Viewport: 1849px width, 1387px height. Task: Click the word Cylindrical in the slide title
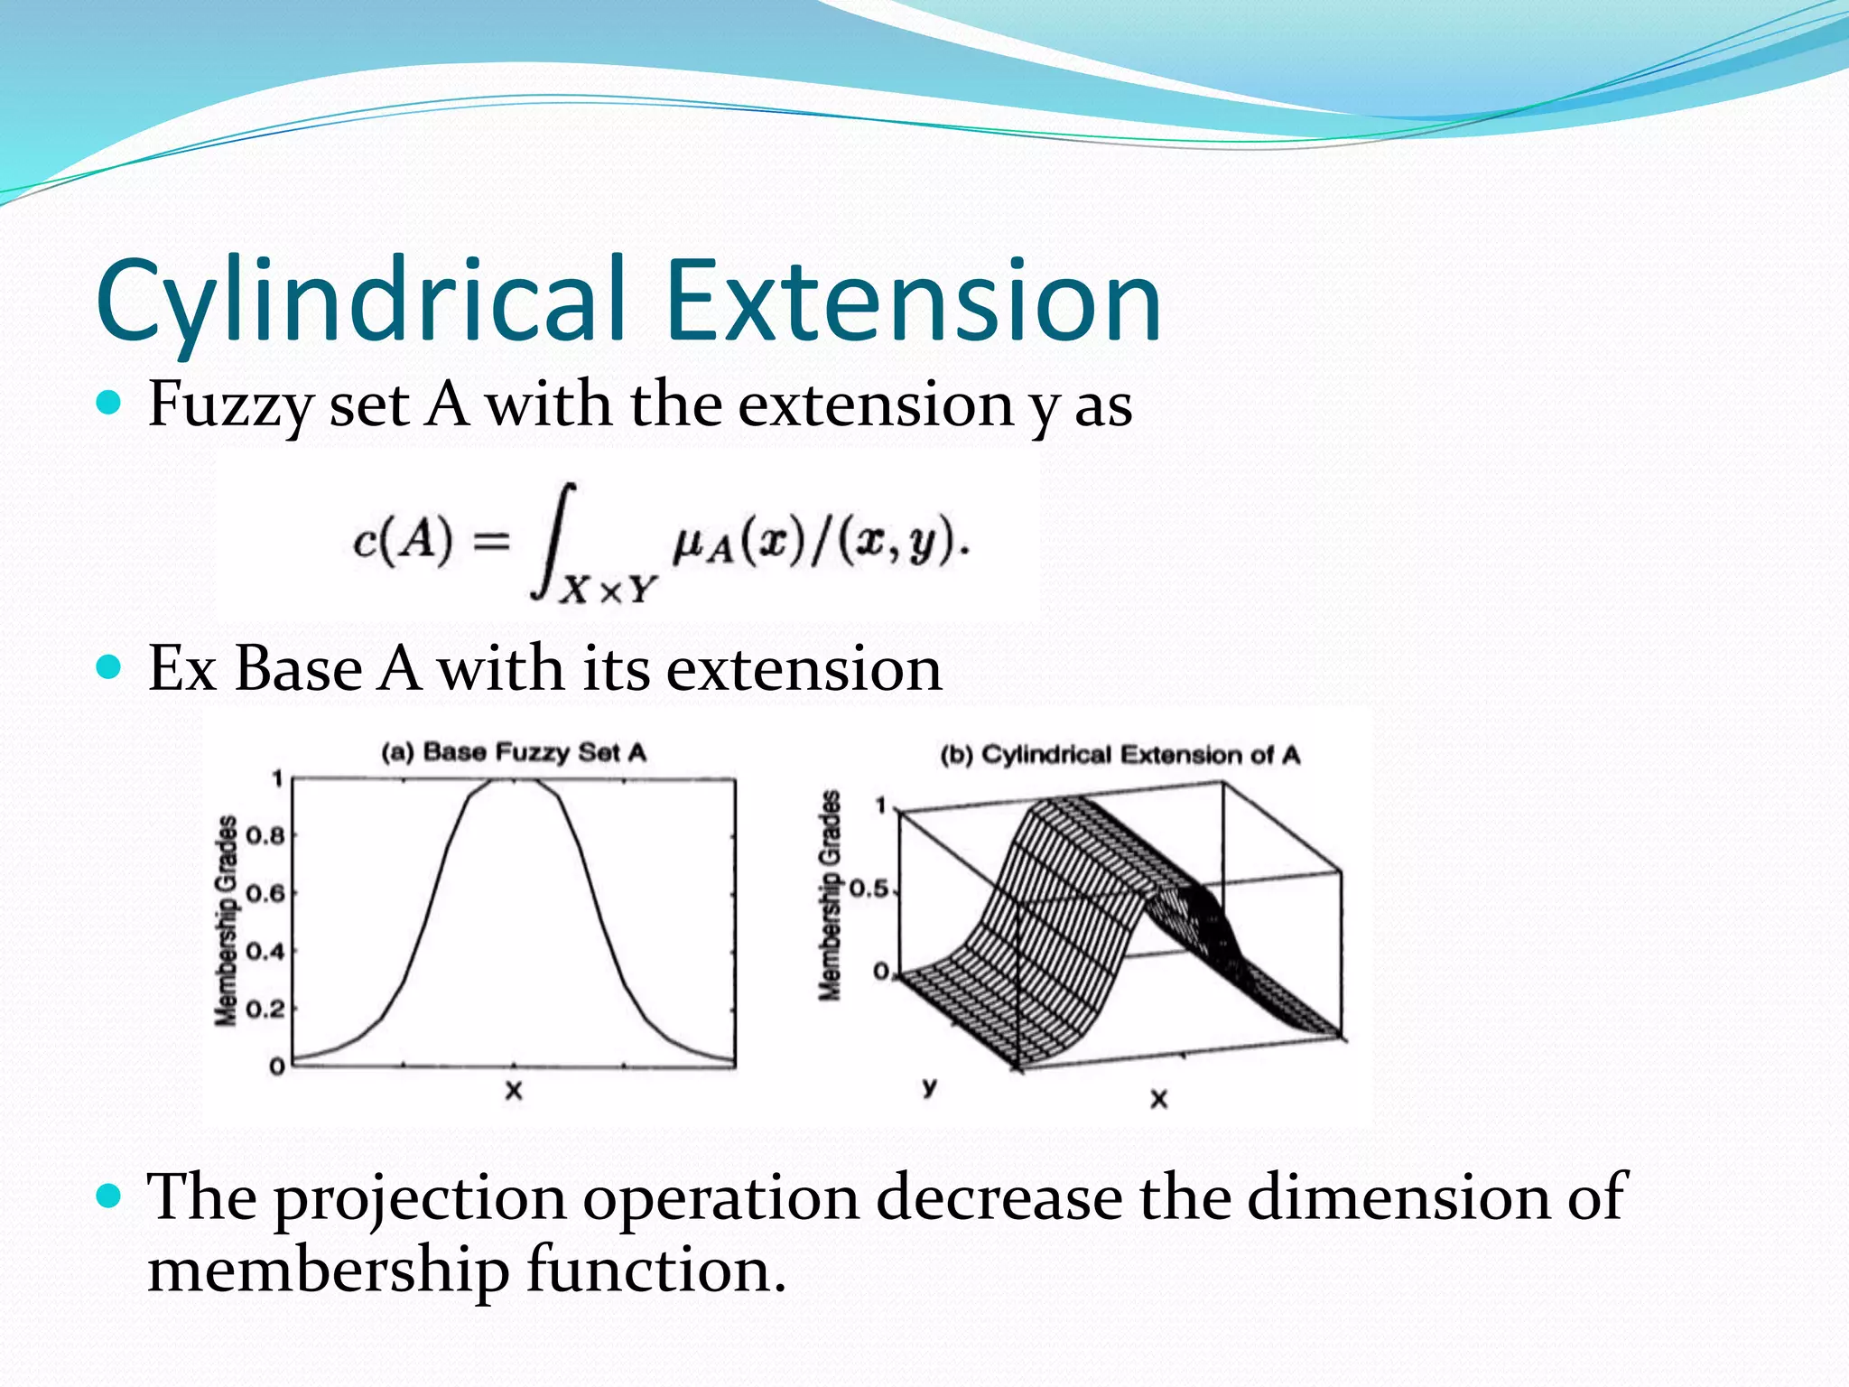click(x=361, y=303)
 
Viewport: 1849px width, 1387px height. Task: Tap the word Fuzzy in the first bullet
click(x=229, y=406)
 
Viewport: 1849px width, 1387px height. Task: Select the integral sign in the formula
click(x=553, y=542)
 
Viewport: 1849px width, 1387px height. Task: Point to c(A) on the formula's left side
click(x=403, y=542)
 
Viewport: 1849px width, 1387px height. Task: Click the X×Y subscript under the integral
click(x=608, y=590)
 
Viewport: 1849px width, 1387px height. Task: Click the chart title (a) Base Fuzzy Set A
click(x=514, y=752)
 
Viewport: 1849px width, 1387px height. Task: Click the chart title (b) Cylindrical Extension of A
click(x=1120, y=755)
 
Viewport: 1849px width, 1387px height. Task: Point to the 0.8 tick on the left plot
click(x=265, y=835)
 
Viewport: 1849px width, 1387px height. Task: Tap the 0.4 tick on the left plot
click(x=265, y=951)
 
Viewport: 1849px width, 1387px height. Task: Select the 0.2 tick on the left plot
click(x=265, y=1009)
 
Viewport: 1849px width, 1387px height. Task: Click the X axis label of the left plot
click(x=514, y=1090)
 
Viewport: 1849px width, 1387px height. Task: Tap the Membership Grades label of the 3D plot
click(x=830, y=896)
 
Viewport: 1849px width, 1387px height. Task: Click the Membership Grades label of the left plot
click(x=227, y=921)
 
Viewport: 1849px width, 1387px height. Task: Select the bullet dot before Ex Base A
click(x=108, y=668)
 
